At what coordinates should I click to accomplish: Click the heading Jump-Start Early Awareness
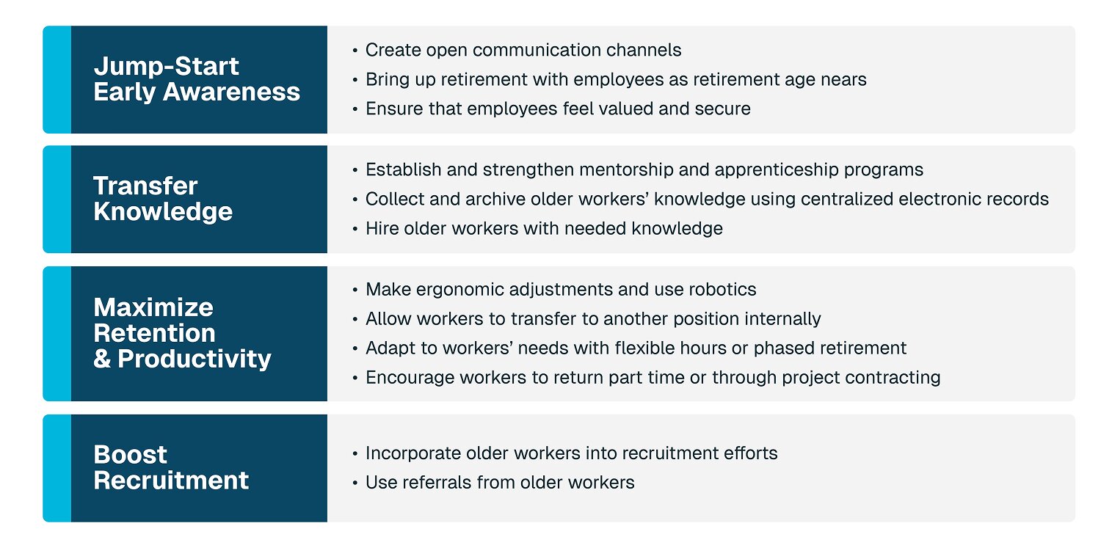coord(197,79)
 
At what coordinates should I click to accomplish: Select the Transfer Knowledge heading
coord(163,199)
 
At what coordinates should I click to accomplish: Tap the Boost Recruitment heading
coord(171,467)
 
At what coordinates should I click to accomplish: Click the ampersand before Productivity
coord(102,359)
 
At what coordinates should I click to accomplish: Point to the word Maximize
coord(153,307)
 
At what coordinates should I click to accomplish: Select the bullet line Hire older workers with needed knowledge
coord(537,229)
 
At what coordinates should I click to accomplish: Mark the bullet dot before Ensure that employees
coord(355,109)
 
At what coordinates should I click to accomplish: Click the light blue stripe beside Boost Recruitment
coord(57,468)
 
